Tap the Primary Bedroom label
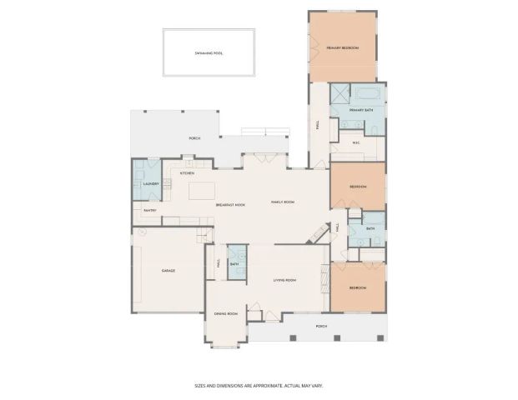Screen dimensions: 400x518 click(342, 48)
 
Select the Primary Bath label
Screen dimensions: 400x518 click(361, 110)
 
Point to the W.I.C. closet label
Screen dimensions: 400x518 click(356, 142)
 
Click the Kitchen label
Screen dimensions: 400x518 click(188, 173)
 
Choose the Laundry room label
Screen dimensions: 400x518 click(151, 183)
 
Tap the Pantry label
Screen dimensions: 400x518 click(150, 211)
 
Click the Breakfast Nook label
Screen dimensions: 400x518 click(229, 204)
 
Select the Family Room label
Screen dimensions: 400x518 click(283, 202)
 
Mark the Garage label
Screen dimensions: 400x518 click(167, 272)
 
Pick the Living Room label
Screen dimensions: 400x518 click(285, 280)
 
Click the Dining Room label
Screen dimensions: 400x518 click(226, 313)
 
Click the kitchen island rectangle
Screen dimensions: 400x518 click(203, 191)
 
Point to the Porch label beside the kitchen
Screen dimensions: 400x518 click(194, 138)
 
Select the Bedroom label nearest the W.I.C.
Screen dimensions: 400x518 click(357, 187)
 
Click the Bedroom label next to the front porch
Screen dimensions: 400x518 click(357, 287)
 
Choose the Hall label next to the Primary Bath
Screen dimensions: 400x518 click(317, 125)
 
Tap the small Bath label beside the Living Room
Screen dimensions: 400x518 click(235, 264)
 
